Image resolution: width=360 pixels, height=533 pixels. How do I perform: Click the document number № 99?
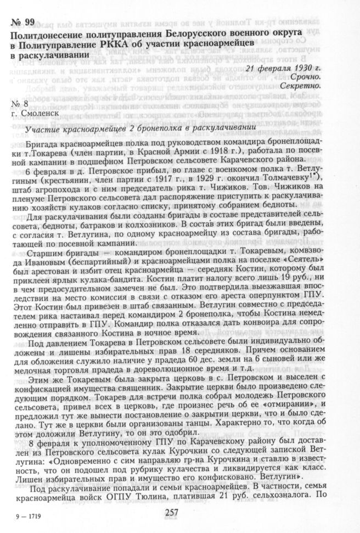(22, 22)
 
